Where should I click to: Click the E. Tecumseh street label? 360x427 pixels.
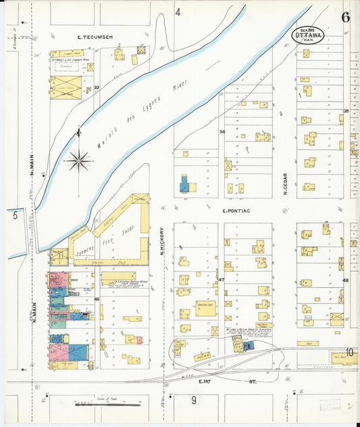pos(95,36)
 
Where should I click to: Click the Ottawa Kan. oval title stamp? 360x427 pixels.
pos(309,34)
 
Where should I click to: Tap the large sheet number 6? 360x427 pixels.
pos(345,18)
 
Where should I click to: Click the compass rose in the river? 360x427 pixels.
pos(79,160)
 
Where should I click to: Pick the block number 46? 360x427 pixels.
pos(97,299)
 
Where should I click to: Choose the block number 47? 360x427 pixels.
pos(221,279)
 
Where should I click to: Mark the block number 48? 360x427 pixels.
pos(345,280)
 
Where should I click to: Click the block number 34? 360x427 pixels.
pos(222,131)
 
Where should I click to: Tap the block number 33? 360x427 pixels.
pos(97,87)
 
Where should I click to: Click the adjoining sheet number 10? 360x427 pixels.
pos(350,351)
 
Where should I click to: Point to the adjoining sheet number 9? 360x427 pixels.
pos(193,400)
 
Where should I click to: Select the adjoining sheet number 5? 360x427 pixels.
pos(14,216)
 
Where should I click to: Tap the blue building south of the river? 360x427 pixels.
pos(184,183)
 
